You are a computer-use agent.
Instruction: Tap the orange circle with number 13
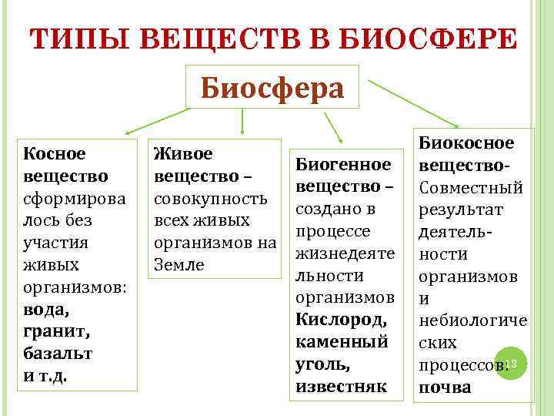[x=513, y=363]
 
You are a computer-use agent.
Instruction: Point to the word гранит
[x=52, y=333]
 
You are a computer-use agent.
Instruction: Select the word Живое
[x=183, y=154]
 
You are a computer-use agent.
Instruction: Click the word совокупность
[x=211, y=199]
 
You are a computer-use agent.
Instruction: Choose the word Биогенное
[x=344, y=164]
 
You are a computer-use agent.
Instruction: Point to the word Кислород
[x=342, y=319]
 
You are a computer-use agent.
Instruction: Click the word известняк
[x=342, y=385]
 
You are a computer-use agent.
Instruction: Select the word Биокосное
[x=466, y=143]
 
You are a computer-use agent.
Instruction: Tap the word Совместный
[x=469, y=188]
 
